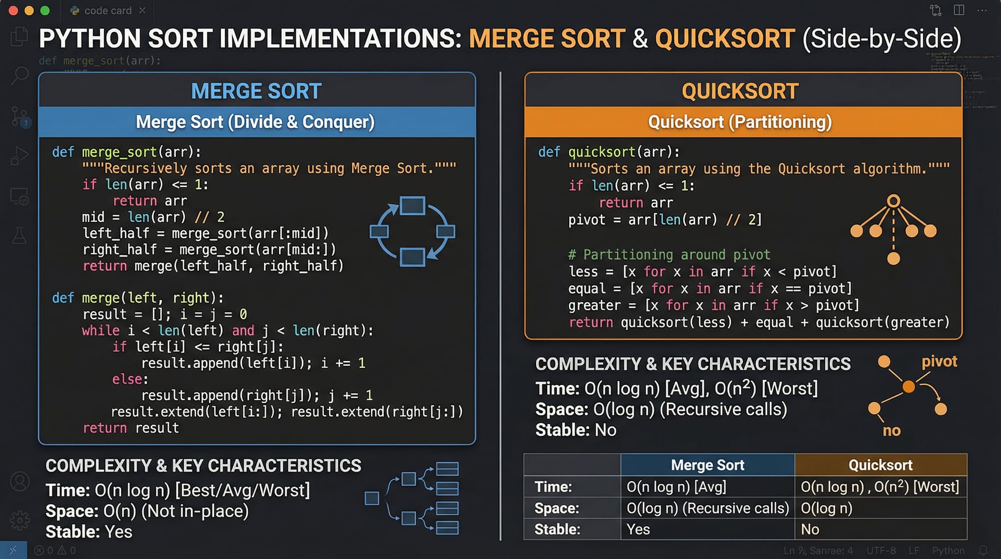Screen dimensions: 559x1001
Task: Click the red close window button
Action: [14, 11]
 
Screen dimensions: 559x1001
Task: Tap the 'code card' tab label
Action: [108, 11]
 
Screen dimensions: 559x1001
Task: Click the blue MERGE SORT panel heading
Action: [256, 91]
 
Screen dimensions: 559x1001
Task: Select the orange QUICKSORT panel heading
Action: [740, 91]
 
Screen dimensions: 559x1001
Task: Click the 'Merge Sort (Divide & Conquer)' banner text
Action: [255, 122]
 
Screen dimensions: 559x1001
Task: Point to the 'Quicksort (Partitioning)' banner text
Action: [740, 122]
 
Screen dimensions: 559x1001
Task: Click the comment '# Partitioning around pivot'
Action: [669, 254]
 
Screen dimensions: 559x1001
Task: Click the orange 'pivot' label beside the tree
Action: [939, 361]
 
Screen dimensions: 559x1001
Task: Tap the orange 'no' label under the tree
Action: [891, 430]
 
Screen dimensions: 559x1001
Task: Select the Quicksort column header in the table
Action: [880, 465]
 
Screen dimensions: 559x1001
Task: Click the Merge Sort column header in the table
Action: [707, 465]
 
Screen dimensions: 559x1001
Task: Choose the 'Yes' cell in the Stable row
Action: [638, 529]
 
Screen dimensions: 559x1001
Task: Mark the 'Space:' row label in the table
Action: [557, 508]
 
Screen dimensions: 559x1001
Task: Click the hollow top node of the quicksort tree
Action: [893, 201]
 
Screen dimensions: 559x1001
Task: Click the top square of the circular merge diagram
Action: [412, 206]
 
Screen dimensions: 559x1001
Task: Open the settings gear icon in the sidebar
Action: [20, 520]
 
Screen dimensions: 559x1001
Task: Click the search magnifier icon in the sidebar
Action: [20, 76]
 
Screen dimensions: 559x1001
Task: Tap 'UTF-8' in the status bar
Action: [881, 550]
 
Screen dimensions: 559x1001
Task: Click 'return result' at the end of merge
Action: [131, 428]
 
